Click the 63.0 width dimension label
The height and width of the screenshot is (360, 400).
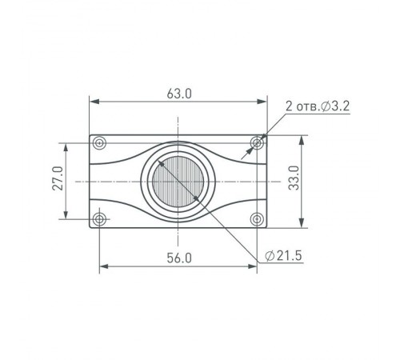click(x=179, y=94)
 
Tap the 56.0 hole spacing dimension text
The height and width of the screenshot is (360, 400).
click(x=179, y=258)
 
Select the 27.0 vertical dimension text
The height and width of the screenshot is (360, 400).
click(x=58, y=178)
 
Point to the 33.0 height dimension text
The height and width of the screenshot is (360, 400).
click(x=294, y=178)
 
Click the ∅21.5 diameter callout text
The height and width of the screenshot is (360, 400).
click(x=283, y=256)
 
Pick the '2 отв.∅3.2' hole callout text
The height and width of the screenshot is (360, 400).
click(x=318, y=106)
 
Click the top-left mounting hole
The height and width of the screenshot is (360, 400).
click(x=99, y=143)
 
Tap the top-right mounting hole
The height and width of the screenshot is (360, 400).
click(x=257, y=143)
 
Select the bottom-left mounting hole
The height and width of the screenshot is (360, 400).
click(x=99, y=219)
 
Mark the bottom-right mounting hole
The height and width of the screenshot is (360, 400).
click(x=257, y=219)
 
